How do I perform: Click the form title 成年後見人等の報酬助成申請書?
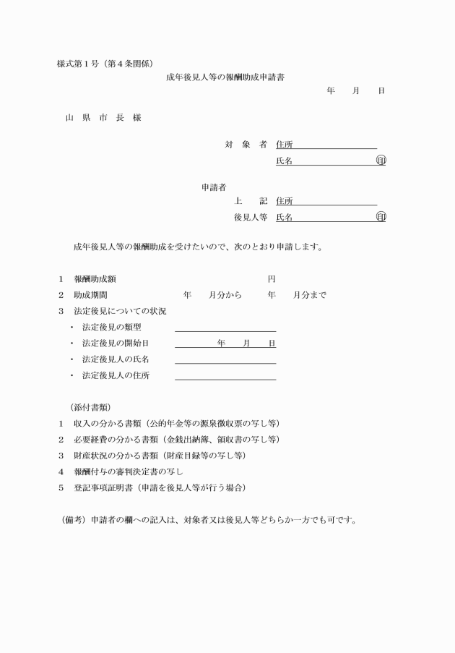(225, 77)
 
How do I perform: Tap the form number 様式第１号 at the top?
(77, 63)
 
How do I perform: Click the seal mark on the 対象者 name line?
(381, 161)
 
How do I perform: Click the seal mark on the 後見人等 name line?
(381, 217)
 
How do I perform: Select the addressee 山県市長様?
(103, 117)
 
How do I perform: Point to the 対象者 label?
(246, 145)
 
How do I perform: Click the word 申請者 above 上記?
(214, 187)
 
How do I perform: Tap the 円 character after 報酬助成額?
(271, 279)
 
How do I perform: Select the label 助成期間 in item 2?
(91, 295)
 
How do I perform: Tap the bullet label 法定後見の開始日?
(116, 343)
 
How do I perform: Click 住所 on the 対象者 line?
(284, 145)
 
